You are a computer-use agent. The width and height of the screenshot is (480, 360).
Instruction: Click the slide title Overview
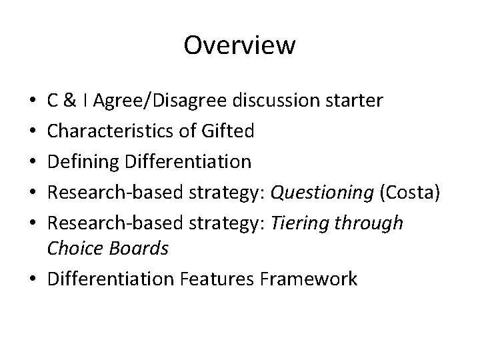(239, 45)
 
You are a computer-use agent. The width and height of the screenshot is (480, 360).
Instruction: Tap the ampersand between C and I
(69, 101)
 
